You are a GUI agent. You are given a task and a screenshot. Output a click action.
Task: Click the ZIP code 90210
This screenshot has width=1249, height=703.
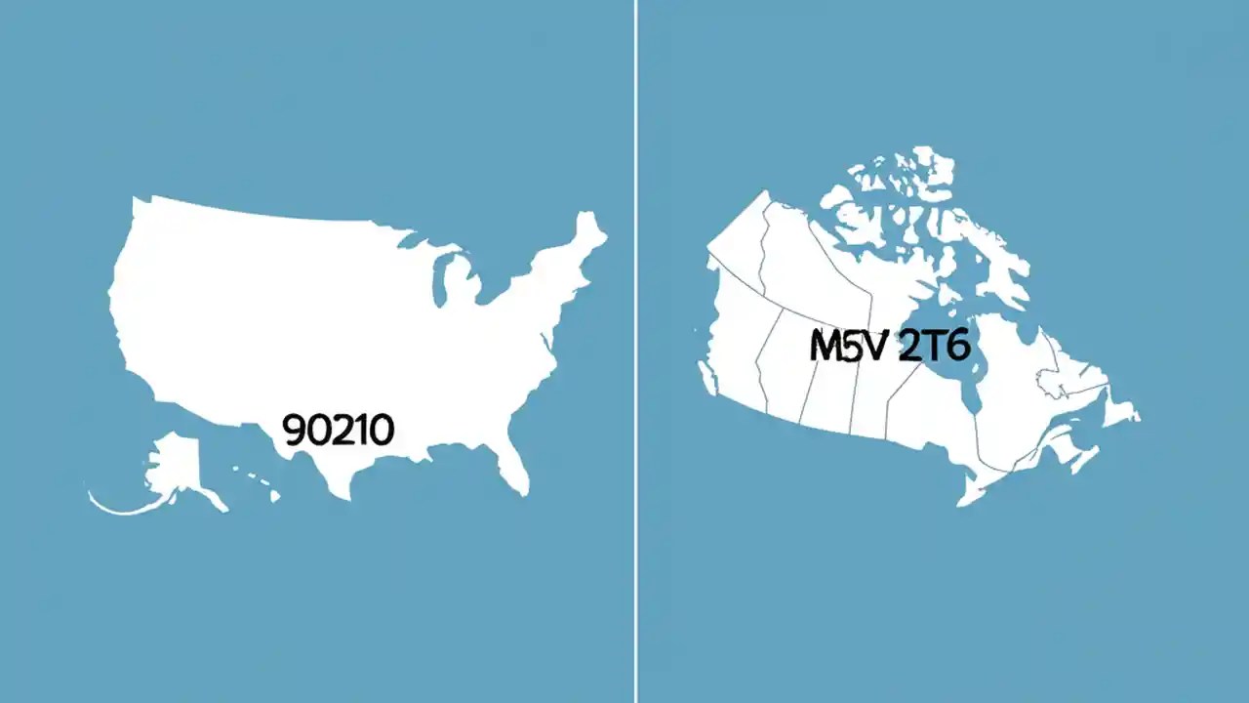[x=338, y=430]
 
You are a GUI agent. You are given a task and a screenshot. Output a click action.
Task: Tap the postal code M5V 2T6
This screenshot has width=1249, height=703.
[x=890, y=346]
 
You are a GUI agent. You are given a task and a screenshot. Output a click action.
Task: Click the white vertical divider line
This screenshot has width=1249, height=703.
[x=636, y=351]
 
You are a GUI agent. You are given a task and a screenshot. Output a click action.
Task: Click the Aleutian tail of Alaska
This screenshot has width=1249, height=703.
[x=117, y=507]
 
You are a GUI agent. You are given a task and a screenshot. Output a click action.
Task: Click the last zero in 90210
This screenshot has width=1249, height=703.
[x=381, y=430]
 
